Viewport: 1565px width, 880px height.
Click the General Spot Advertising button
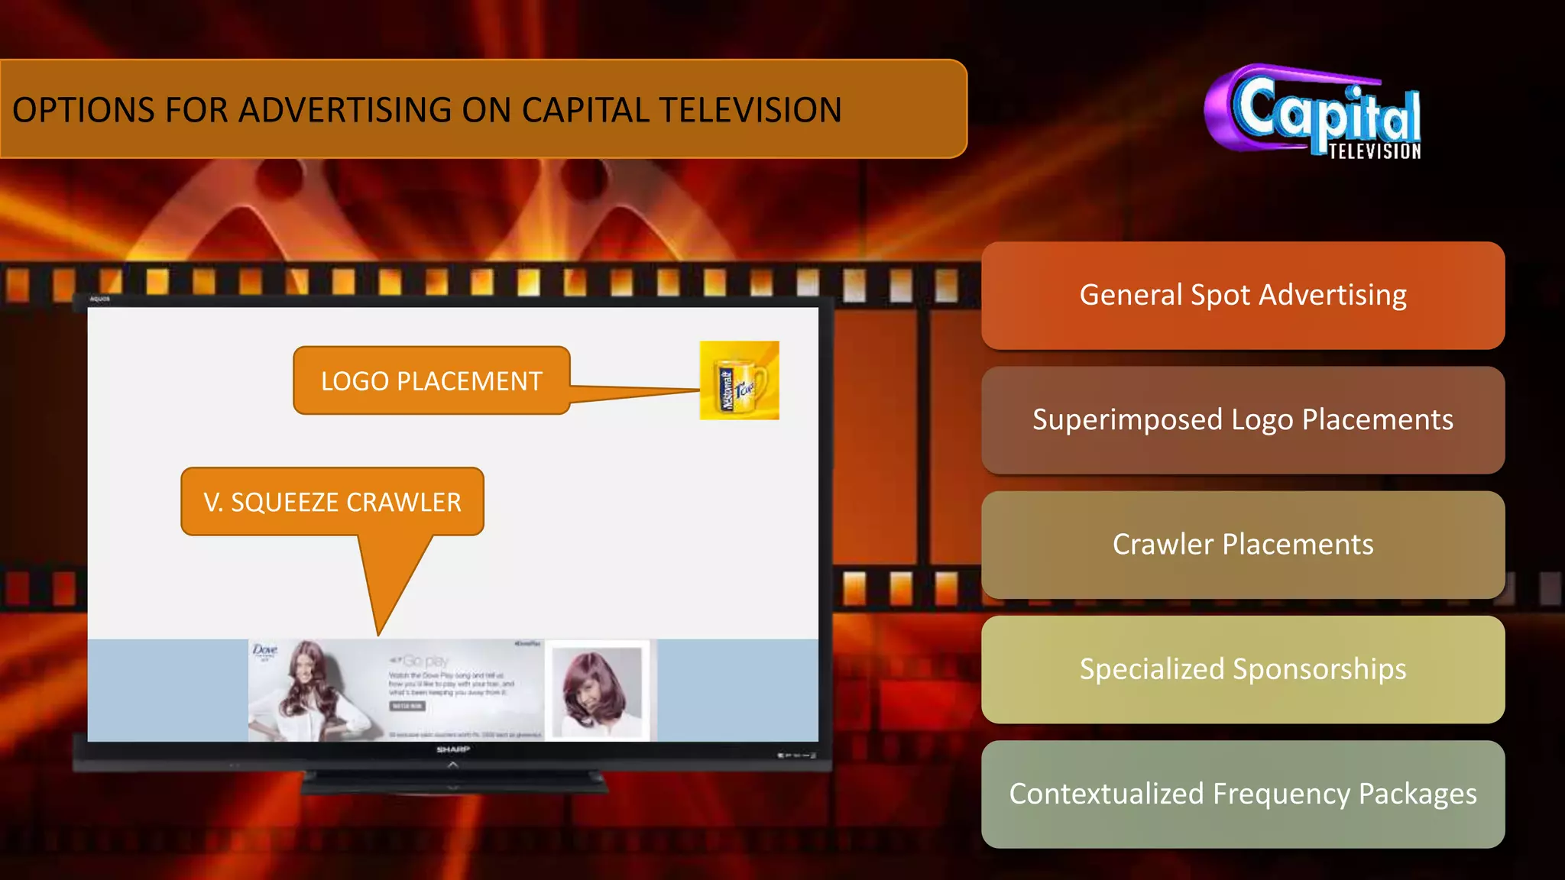point(1243,296)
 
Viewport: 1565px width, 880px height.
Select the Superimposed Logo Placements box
point(1243,420)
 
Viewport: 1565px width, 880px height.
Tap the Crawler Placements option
point(1243,545)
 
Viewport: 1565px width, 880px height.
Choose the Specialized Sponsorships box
point(1243,669)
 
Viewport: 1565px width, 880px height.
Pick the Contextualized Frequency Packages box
point(1243,794)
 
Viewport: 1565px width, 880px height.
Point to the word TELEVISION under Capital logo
point(1374,151)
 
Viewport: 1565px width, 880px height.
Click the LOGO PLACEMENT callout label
point(431,380)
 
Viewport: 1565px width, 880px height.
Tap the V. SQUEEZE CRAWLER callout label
point(332,502)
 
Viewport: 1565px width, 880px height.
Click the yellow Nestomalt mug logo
point(739,380)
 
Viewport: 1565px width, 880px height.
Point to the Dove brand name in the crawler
point(264,650)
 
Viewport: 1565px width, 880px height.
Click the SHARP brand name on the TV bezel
point(452,750)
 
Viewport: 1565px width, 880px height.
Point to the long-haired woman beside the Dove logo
point(313,687)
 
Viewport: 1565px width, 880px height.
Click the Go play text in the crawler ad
point(425,661)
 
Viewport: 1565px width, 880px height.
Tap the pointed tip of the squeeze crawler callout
point(378,632)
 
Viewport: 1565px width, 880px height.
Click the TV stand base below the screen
point(453,783)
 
